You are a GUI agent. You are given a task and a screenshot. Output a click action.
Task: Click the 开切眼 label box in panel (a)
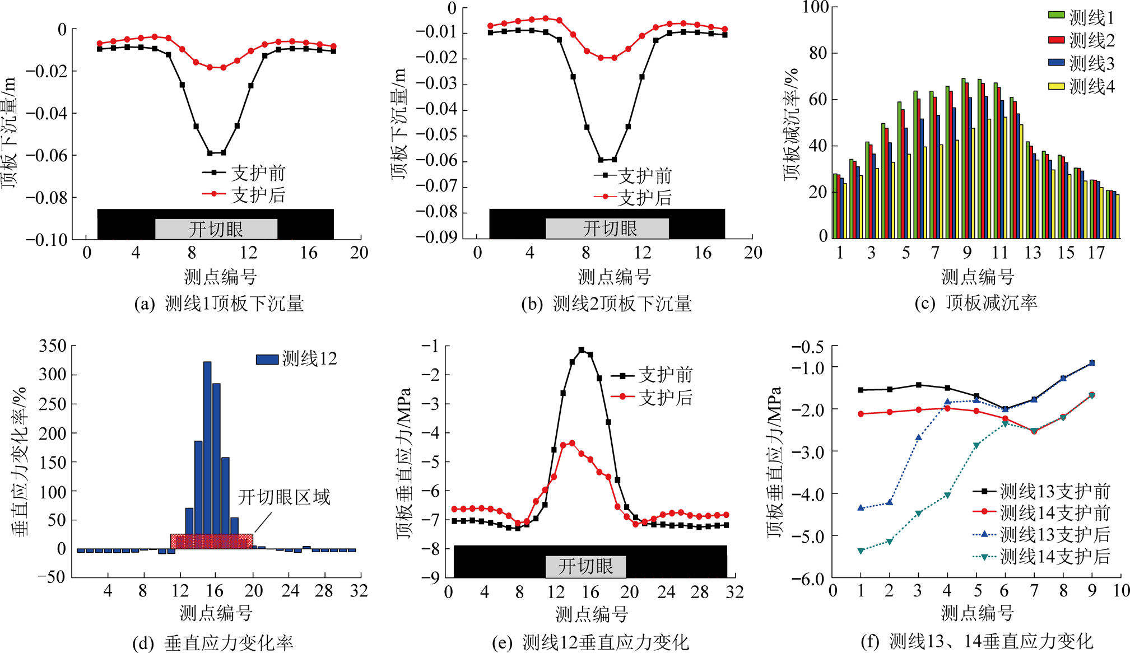click(216, 229)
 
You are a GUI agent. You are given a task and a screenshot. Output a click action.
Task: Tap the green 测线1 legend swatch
click(1056, 15)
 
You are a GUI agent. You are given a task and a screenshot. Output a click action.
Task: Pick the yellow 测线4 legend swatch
click(1056, 86)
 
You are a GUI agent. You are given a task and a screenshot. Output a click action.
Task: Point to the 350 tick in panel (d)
click(53, 346)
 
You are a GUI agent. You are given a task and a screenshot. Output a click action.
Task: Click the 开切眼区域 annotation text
click(284, 497)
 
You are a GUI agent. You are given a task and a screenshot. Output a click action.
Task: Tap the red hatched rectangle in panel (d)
click(212, 542)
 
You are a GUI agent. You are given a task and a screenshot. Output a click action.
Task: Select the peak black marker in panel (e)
click(582, 350)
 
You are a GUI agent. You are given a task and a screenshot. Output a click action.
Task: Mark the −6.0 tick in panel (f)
click(807, 578)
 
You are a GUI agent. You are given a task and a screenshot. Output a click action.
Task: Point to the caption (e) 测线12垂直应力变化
click(590, 642)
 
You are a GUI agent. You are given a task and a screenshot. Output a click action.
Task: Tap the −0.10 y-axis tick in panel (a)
click(47, 240)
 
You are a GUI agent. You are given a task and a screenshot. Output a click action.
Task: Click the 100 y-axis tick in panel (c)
click(815, 7)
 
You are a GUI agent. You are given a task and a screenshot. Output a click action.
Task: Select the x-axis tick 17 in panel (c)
click(1096, 253)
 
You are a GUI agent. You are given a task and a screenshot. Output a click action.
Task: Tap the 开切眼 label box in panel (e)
click(585, 566)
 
